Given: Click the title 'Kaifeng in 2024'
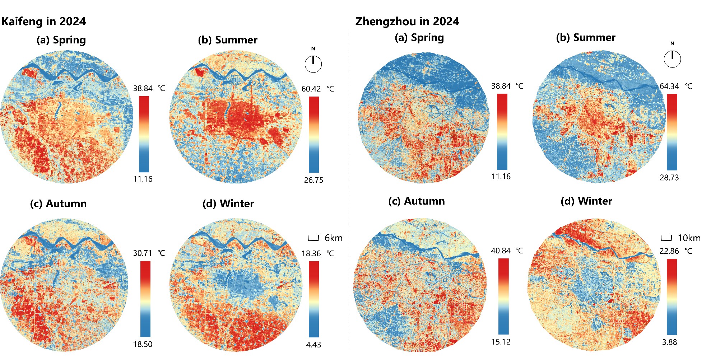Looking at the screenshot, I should pyautogui.click(x=43, y=22).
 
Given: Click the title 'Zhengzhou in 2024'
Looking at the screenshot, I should pyautogui.click(x=407, y=22).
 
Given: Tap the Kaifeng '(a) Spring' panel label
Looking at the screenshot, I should pyautogui.click(x=61, y=40).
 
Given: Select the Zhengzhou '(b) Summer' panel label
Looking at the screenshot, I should pyautogui.click(x=585, y=38).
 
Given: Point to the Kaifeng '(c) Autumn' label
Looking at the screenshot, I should pyautogui.click(x=58, y=204).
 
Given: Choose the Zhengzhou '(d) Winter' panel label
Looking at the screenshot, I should pyautogui.click(x=586, y=201).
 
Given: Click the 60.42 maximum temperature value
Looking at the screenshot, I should pyautogui.click(x=311, y=89).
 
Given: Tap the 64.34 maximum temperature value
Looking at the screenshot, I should pyautogui.click(x=669, y=87).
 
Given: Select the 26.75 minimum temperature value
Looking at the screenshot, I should pyautogui.click(x=313, y=180).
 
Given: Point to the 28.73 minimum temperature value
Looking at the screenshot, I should pyautogui.click(x=669, y=178).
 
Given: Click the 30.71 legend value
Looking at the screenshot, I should pyautogui.click(x=143, y=253).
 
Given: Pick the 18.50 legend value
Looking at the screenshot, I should pyautogui.click(x=143, y=345).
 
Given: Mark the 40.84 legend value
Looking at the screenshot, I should pyautogui.click(x=501, y=251).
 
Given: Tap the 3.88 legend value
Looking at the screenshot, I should pyautogui.click(x=669, y=342).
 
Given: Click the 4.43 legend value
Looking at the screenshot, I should pyautogui.click(x=313, y=345).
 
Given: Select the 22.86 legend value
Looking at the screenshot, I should pyautogui.click(x=669, y=251).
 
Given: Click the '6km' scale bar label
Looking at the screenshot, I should pyautogui.click(x=333, y=238).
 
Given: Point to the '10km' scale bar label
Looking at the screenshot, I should pyautogui.click(x=689, y=238).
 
